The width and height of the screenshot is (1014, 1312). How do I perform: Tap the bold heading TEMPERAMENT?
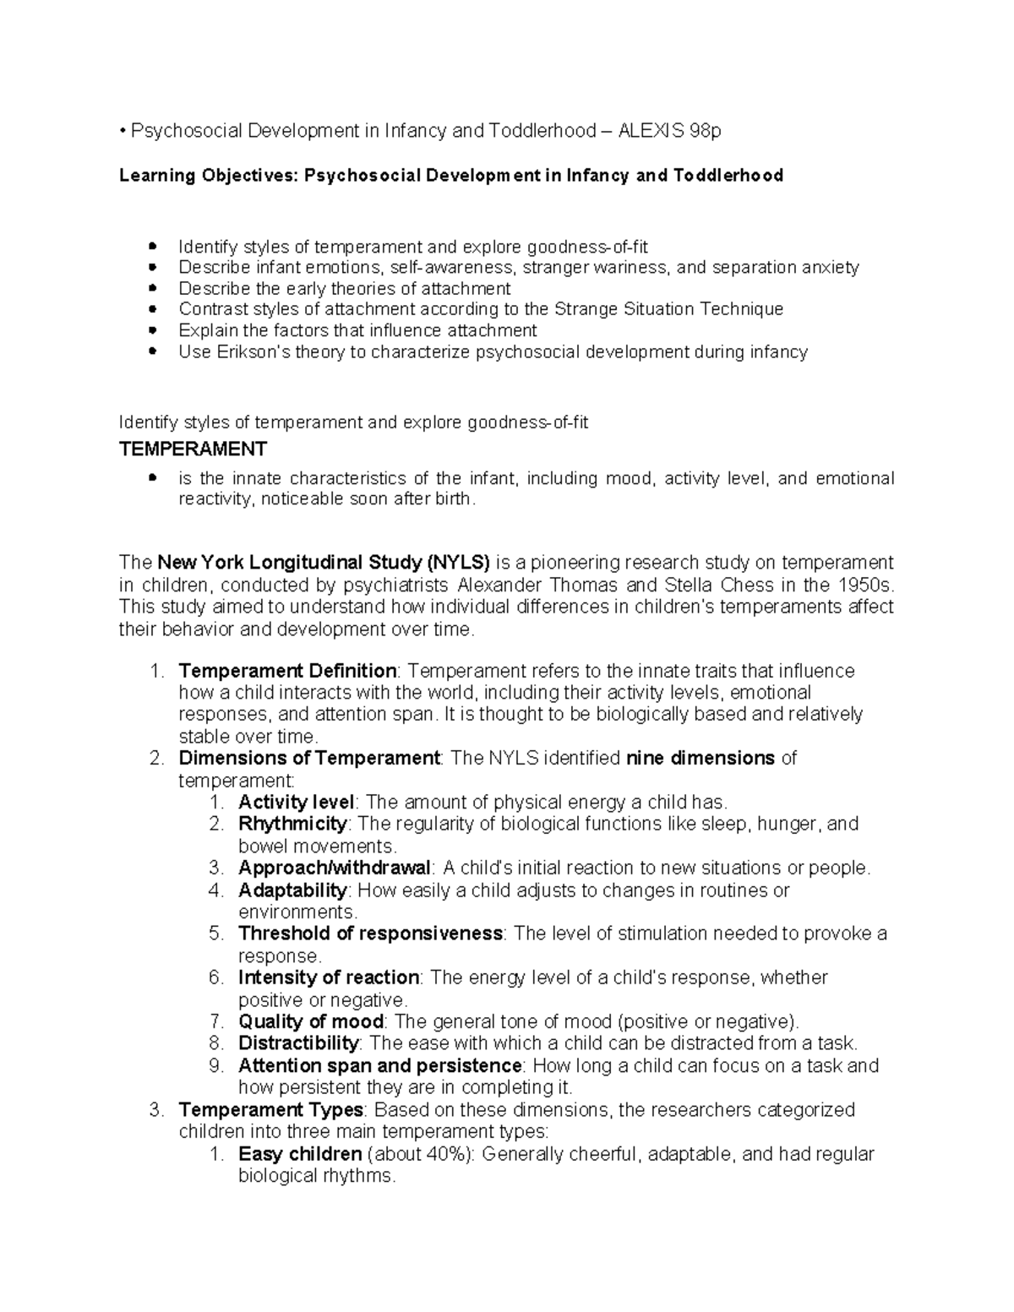coord(193,449)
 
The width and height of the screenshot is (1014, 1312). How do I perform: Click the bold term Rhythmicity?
coord(292,824)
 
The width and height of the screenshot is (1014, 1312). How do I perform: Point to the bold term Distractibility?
coord(299,1043)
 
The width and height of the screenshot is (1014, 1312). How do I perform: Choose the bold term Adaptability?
coord(292,890)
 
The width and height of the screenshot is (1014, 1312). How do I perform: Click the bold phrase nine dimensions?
coord(700,758)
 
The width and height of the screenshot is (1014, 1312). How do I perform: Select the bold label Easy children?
coord(300,1154)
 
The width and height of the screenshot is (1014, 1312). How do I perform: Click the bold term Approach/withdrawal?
coord(335,868)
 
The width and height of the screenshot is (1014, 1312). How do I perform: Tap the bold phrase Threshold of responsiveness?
coord(370,934)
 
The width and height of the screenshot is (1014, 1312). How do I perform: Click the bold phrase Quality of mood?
coord(311,1021)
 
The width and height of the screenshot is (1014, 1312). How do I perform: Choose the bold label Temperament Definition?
coord(287,672)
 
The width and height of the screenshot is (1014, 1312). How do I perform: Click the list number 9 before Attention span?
coord(215,1066)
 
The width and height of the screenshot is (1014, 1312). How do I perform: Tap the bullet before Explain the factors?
coord(153,330)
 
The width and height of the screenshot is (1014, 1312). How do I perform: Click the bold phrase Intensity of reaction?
coord(329,978)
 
